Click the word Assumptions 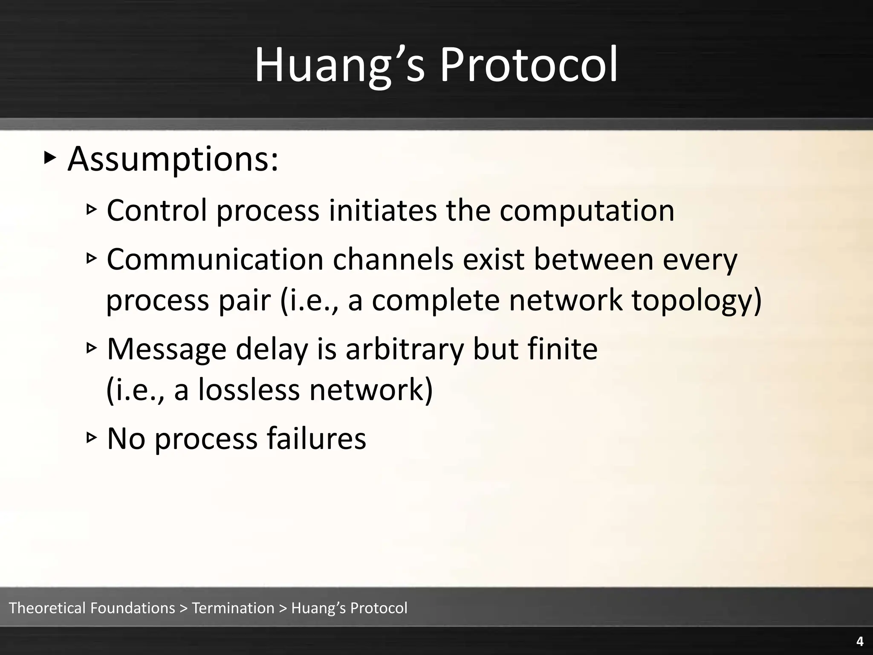(x=173, y=160)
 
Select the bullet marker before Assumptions (x=50, y=159)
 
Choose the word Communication (x=215, y=259)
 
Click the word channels (x=393, y=259)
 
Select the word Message (x=166, y=350)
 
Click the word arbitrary (x=404, y=350)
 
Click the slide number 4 (x=860, y=641)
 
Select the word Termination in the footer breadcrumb (x=233, y=608)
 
